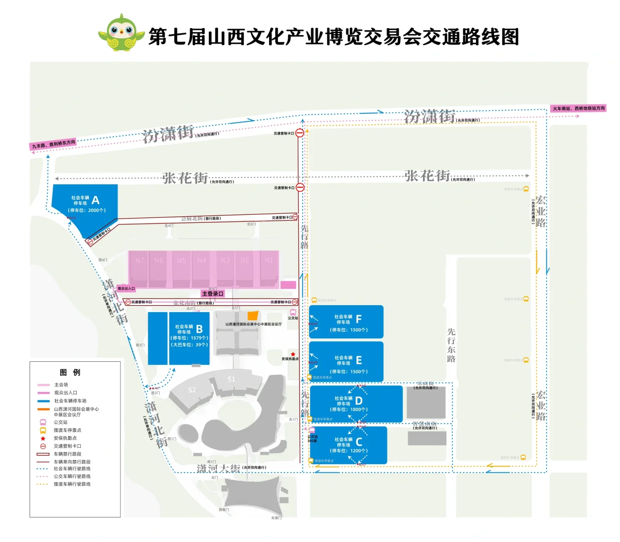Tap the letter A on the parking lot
(95, 200)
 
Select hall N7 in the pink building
(140, 260)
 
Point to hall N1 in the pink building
(269, 260)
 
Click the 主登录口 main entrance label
(212, 294)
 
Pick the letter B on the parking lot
(199, 329)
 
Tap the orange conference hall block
(253, 316)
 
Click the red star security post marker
(293, 354)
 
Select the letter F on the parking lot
(358, 319)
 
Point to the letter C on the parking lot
(359, 442)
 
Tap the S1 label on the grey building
(231, 379)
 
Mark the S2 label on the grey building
(192, 390)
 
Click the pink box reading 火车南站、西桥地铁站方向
(578, 108)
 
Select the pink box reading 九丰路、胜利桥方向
(54, 145)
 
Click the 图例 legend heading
(70, 372)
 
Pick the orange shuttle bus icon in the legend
(43, 430)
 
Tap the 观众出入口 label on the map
(126, 289)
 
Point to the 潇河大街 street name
(218, 468)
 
